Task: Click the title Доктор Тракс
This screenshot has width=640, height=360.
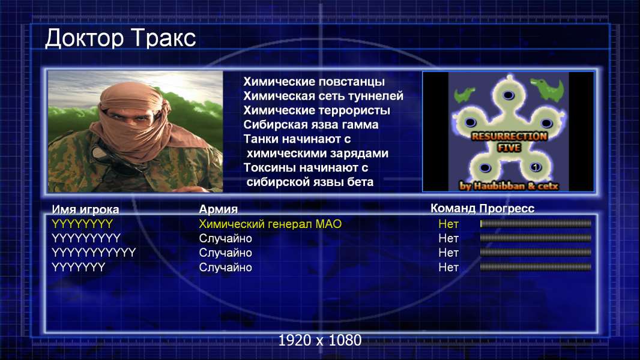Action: click(121, 38)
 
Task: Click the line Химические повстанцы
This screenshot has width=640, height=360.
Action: click(314, 82)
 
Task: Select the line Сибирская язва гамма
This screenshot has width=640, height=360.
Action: click(311, 124)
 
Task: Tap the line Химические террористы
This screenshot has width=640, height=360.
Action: click(317, 110)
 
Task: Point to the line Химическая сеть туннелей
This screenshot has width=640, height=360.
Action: click(323, 96)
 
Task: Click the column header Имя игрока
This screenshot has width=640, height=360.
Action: click(85, 209)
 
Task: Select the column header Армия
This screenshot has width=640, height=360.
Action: click(219, 209)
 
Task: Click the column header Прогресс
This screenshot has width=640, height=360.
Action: click(507, 208)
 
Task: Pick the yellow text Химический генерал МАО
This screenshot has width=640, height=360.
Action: click(270, 224)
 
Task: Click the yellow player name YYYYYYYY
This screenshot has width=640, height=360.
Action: click(82, 224)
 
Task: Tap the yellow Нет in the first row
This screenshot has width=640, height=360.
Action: click(448, 224)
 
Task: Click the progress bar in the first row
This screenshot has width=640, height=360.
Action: click(536, 223)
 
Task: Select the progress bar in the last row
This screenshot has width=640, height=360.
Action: click(536, 267)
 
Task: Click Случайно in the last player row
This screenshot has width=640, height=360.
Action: click(225, 268)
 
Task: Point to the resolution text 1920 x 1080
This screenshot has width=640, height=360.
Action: click(320, 340)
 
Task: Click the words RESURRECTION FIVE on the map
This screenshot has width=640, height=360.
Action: click(509, 142)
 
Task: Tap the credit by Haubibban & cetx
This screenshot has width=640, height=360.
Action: click(509, 186)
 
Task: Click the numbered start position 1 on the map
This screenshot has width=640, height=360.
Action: click(535, 167)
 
